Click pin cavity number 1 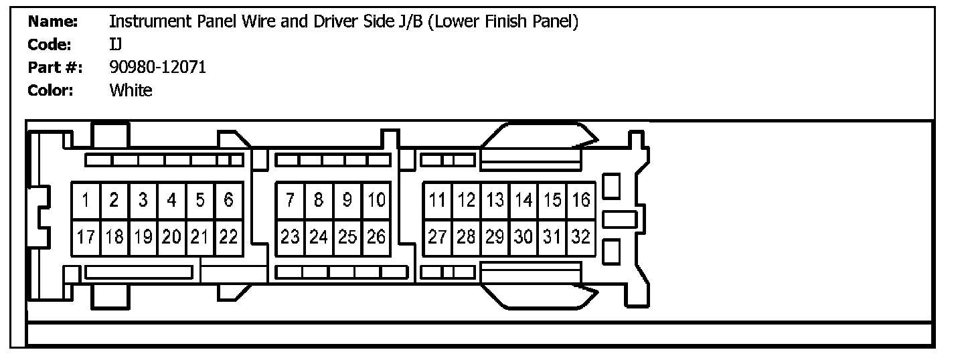(x=86, y=201)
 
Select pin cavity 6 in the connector (x=229, y=201)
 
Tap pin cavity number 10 (x=376, y=201)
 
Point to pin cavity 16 (x=581, y=201)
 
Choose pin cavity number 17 (x=86, y=238)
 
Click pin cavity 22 (x=229, y=238)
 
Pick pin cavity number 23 (x=290, y=238)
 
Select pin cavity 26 (x=376, y=238)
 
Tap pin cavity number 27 (x=437, y=238)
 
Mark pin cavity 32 (x=581, y=238)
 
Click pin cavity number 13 (x=495, y=201)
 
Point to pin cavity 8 (x=319, y=201)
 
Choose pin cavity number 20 (x=171, y=238)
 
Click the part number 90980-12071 (x=158, y=67)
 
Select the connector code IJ (x=115, y=44)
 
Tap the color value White (x=131, y=90)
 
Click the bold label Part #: (x=55, y=68)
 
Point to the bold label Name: (x=53, y=21)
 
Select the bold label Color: (x=50, y=90)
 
